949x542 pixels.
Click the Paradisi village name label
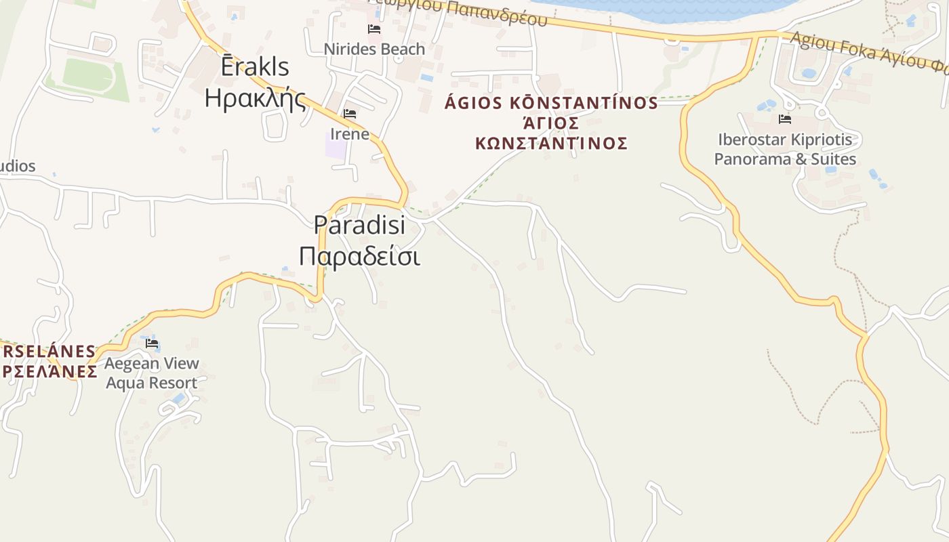coord(359,224)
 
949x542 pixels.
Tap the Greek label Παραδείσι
coord(359,256)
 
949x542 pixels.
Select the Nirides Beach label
coord(374,49)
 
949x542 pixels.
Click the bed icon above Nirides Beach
coord(373,29)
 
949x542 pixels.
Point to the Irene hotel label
coord(350,133)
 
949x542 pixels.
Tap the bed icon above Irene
coord(350,114)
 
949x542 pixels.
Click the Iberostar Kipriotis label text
coord(785,140)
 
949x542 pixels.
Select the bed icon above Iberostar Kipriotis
coord(785,120)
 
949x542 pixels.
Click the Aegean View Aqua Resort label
coord(152,373)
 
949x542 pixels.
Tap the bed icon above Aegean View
coord(152,343)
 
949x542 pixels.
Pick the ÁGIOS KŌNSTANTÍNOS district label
coord(550,103)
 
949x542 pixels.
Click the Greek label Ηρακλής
coord(255,98)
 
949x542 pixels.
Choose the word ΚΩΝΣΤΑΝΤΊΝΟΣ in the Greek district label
coord(550,144)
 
